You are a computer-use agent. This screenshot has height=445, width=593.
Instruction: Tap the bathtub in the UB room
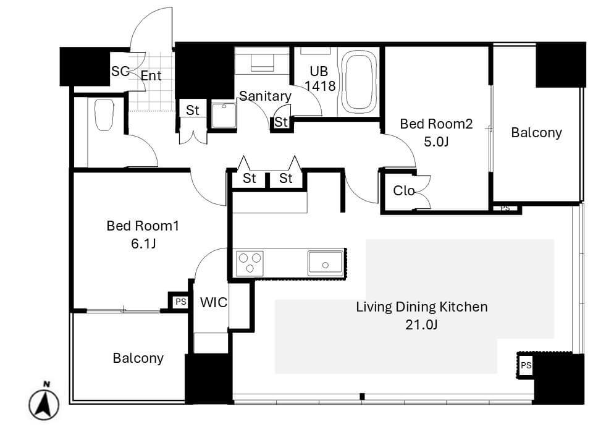point(359,82)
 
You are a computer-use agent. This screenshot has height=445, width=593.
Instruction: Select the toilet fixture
point(104,115)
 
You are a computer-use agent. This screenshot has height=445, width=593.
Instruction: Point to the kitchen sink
point(326,263)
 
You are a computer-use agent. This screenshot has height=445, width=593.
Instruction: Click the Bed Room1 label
point(143,226)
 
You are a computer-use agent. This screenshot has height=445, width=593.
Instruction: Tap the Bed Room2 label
point(436,124)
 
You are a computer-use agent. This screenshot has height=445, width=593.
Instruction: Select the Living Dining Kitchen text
point(422,307)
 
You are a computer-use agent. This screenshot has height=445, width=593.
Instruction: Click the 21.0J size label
point(421,324)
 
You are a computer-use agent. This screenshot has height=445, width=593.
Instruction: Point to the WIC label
point(214,302)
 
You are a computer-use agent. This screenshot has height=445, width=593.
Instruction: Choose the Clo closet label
point(403,191)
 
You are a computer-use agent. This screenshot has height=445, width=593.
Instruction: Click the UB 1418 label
point(319,78)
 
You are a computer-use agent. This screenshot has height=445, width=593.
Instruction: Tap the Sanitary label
point(265,96)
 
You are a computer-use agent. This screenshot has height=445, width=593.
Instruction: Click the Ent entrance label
point(151,75)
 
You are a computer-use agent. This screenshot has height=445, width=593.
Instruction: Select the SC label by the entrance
point(120,71)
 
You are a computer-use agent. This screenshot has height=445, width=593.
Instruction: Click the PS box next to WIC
point(180,302)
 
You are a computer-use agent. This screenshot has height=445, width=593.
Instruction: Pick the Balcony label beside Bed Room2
point(536,133)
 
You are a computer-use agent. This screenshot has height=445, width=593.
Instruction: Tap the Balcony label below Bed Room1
point(138,358)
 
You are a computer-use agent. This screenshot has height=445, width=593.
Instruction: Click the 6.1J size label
point(143,244)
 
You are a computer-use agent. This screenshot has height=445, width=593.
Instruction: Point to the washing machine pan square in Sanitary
point(224,115)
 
